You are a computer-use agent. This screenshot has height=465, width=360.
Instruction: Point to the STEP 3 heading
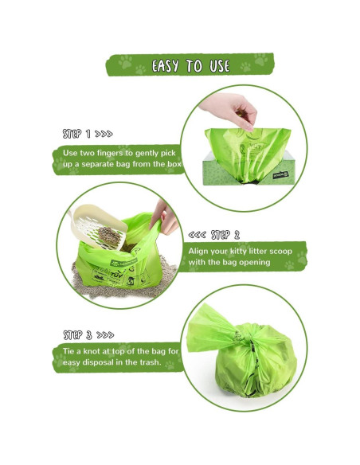(77, 335)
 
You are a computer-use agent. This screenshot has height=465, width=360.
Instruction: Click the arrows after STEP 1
(104, 133)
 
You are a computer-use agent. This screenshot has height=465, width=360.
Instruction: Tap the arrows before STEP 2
(197, 235)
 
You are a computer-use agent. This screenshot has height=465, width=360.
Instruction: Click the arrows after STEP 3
(105, 335)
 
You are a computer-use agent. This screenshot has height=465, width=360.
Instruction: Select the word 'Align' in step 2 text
(201, 251)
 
